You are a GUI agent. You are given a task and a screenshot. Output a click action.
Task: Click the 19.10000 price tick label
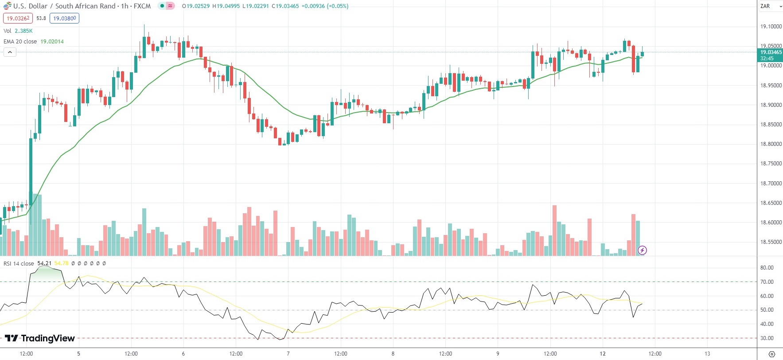pyautogui.click(x=771, y=27)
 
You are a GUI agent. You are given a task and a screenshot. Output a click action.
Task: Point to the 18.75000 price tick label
pyautogui.click(x=771, y=164)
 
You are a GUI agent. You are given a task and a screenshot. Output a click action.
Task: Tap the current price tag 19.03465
pyautogui.click(x=771, y=52)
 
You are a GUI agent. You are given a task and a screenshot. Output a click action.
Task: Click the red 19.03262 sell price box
pyautogui.click(x=18, y=18)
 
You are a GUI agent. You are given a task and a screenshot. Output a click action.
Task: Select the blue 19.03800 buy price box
pyautogui.click(x=65, y=18)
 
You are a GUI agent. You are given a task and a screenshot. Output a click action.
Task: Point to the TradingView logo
pyautogui.click(x=40, y=338)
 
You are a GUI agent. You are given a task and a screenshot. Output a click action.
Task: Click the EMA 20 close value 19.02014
pyautogui.click(x=52, y=42)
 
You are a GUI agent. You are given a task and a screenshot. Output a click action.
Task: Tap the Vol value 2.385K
pyautogui.click(x=23, y=31)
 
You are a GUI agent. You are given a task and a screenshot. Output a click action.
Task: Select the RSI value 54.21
pyautogui.click(x=44, y=263)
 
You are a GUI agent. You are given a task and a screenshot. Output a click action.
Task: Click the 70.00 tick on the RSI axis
pyautogui.click(x=767, y=282)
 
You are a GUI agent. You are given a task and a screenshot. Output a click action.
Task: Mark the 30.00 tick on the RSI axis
pyautogui.click(x=767, y=338)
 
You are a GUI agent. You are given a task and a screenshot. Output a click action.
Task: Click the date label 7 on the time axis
pyautogui.click(x=288, y=354)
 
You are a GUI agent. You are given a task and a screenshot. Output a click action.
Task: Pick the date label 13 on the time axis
pyautogui.click(x=707, y=354)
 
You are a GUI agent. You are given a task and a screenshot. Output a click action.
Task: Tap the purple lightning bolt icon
pyautogui.click(x=642, y=250)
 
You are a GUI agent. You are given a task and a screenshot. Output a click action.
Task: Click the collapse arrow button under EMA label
pyautogui.click(x=10, y=52)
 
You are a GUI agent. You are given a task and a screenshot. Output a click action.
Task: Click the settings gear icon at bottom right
pyautogui.click(x=771, y=354)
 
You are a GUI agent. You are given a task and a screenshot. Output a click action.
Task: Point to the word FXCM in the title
pyautogui.click(x=142, y=6)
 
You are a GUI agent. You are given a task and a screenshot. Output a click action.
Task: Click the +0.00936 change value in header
pyautogui.click(x=313, y=6)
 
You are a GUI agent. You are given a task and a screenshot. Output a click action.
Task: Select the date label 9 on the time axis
pyautogui.click(x=498, y=354)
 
